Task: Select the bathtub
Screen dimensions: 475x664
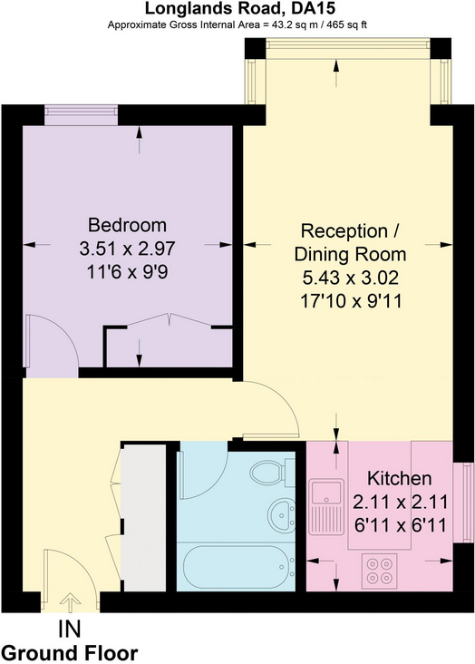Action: [x=237, y=567]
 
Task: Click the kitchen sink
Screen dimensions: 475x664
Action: [x=326, y=506]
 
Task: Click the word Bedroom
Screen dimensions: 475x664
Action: [x=127, y=225]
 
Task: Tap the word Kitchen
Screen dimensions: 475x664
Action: [x=399, y=479]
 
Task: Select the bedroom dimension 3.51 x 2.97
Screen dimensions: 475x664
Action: [x=127, y=249]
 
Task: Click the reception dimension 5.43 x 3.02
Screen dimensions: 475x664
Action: [x=351, y=278]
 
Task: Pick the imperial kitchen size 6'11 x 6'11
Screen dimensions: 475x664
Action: [x=400, y=525]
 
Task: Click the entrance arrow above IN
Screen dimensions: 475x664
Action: [x=71, y=602]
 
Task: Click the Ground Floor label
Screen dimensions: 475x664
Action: [x=70, y=652]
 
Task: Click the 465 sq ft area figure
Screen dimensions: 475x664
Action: [x=345, y=25]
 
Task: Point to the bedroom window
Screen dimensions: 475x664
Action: [x=82, y=115]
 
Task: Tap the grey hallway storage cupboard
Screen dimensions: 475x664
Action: [x=143, y=517]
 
